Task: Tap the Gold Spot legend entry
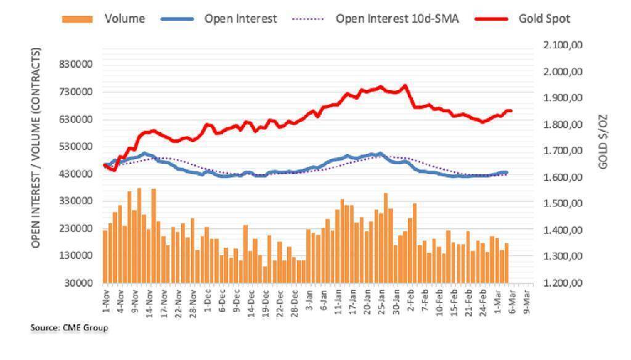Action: (x=545, y=19)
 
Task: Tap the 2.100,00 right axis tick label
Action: (x=564, y=46)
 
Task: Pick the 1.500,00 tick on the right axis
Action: (x=564, y=204)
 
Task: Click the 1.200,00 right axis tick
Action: (x=564, y=283)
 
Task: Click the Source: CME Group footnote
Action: (x=69, y=328)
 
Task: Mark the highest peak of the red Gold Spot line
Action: (x=405, y=86)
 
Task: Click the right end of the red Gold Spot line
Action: (x=511, y=111)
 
